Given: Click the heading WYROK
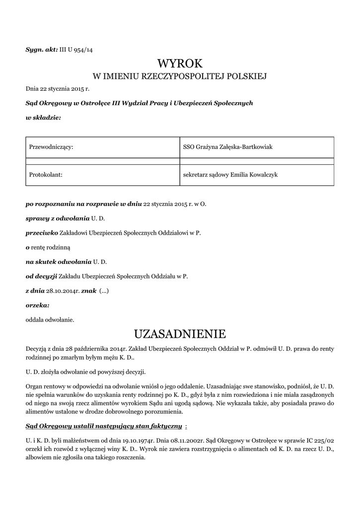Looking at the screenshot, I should [x=180, y=63].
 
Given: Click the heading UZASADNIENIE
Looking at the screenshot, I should [x=180, y=332].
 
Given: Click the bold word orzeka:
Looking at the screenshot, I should [x=37, y=305].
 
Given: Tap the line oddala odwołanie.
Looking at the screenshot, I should [x=50, y=319].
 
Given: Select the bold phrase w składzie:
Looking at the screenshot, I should [x=43, y=118].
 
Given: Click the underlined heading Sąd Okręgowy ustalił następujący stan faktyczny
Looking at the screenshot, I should [x=104, y=426].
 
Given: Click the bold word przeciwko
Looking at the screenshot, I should [x=42, y=233].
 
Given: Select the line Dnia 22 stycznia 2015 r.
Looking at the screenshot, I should [x=57, y=89].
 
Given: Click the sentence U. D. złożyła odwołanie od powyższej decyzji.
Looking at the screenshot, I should [x=85, y=372].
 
